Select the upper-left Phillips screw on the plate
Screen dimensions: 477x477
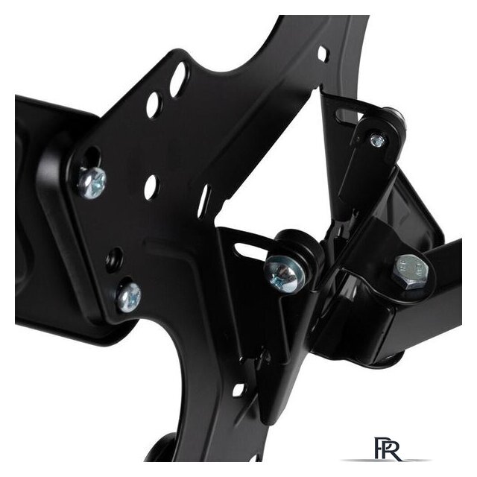click(92, 183)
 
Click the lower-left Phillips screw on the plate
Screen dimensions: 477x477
click(129, 297)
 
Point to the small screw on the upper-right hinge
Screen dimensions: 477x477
click(377, 141)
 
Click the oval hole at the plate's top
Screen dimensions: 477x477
click(179, 75)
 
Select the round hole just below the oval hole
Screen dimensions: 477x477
click(154, 104)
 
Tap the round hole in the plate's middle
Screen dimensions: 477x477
click(152, 187)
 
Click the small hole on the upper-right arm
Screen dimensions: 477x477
click(323, 54)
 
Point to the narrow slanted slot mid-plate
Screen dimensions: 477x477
click(203, 201)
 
